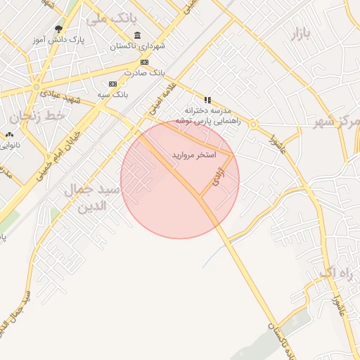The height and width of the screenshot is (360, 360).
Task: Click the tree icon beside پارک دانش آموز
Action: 59,29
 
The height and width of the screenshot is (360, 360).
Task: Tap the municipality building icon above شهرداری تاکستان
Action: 136,36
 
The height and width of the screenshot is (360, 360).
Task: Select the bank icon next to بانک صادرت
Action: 144,62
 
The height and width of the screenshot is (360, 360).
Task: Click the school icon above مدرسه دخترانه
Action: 207,100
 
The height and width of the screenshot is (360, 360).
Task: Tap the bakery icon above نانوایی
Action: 9,134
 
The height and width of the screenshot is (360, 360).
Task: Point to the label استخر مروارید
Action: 194,153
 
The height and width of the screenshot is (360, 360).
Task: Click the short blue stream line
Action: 210,256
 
